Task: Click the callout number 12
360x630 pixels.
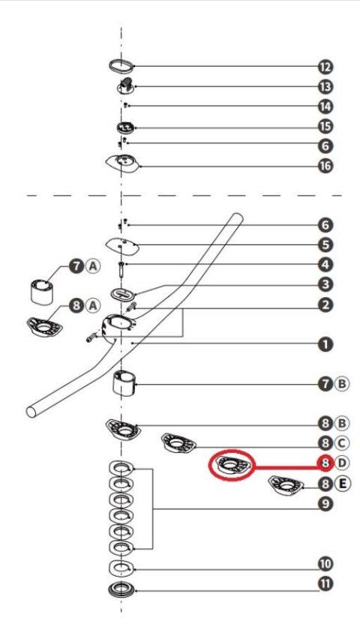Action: tap(325, 67)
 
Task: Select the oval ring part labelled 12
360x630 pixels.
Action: tap(121, 65)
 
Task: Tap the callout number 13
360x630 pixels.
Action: tap(325, 86)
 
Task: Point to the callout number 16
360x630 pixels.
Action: tap(325, 166)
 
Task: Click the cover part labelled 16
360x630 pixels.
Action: tap(123, 163)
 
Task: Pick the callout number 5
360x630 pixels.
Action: tap(325, 244)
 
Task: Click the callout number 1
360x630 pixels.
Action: tap(325, 344)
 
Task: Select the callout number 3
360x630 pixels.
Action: tap(325, 284)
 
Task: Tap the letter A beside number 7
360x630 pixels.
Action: tap(93, 266)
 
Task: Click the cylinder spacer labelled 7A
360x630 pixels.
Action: tap(42, 291)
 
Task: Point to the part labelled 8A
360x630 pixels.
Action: tap(44, 327)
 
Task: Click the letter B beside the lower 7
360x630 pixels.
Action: tap(341, 384)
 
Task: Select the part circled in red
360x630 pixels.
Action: tap(232, 465)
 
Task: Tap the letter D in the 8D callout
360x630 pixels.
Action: tap(341, 463)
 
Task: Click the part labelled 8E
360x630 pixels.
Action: tap(286, 485)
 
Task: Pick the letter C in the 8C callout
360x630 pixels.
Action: tap(341, 443)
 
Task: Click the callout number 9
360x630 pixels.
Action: tap(325, 503)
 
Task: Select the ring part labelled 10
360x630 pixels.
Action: tap(121, 568)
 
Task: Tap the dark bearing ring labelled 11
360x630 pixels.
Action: tap(121, 589)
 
